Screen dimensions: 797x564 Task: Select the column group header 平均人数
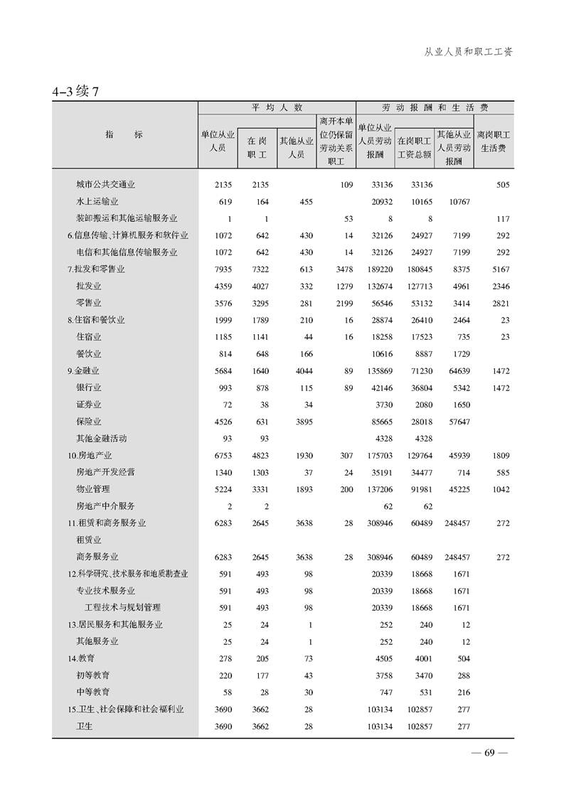tap(277, 107)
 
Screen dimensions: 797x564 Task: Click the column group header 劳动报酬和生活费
tap(435, 107)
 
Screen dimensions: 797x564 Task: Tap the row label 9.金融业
tap(83, 371)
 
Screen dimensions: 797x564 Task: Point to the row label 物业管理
tap(92, 489)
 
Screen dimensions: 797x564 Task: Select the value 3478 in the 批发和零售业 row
tap(341, 269)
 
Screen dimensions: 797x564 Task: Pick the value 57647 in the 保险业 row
tap(457, 422)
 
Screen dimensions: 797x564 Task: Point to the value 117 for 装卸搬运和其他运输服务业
tap(502, 219)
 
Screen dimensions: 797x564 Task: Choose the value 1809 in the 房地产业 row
tap(499, 456)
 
